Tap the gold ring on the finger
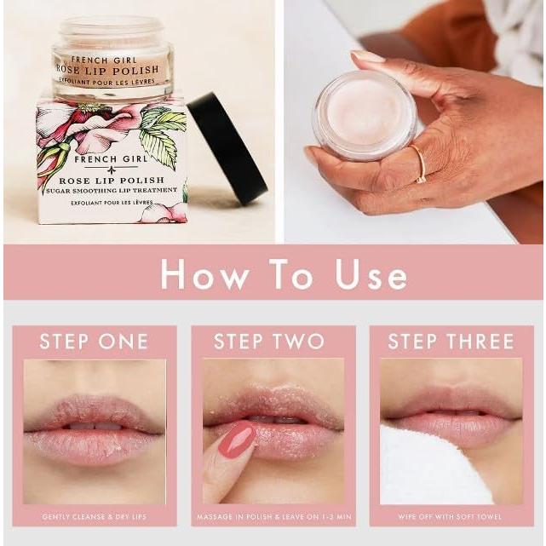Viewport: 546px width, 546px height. [420, 164]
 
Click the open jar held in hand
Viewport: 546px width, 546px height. [364, 116]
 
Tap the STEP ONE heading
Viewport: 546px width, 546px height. [94, 342]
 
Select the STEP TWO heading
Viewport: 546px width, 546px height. [269, 342]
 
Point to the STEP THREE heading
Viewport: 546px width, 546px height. [451, 342]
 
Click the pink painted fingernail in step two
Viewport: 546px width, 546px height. [237, 440]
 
